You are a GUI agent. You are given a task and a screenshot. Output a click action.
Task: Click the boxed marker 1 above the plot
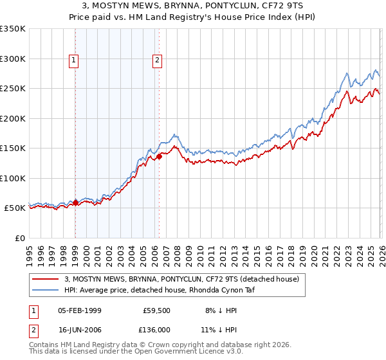click(75, 61)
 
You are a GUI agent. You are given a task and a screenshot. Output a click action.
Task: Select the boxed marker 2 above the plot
click(157, 61)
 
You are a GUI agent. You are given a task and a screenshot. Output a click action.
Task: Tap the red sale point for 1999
click(75, 203)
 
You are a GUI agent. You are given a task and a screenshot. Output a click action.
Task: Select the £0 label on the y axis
click(19, 238)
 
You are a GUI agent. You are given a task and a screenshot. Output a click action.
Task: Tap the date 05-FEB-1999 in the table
click(79, 310)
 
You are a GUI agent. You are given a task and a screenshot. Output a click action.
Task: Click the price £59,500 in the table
click(156, 310)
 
